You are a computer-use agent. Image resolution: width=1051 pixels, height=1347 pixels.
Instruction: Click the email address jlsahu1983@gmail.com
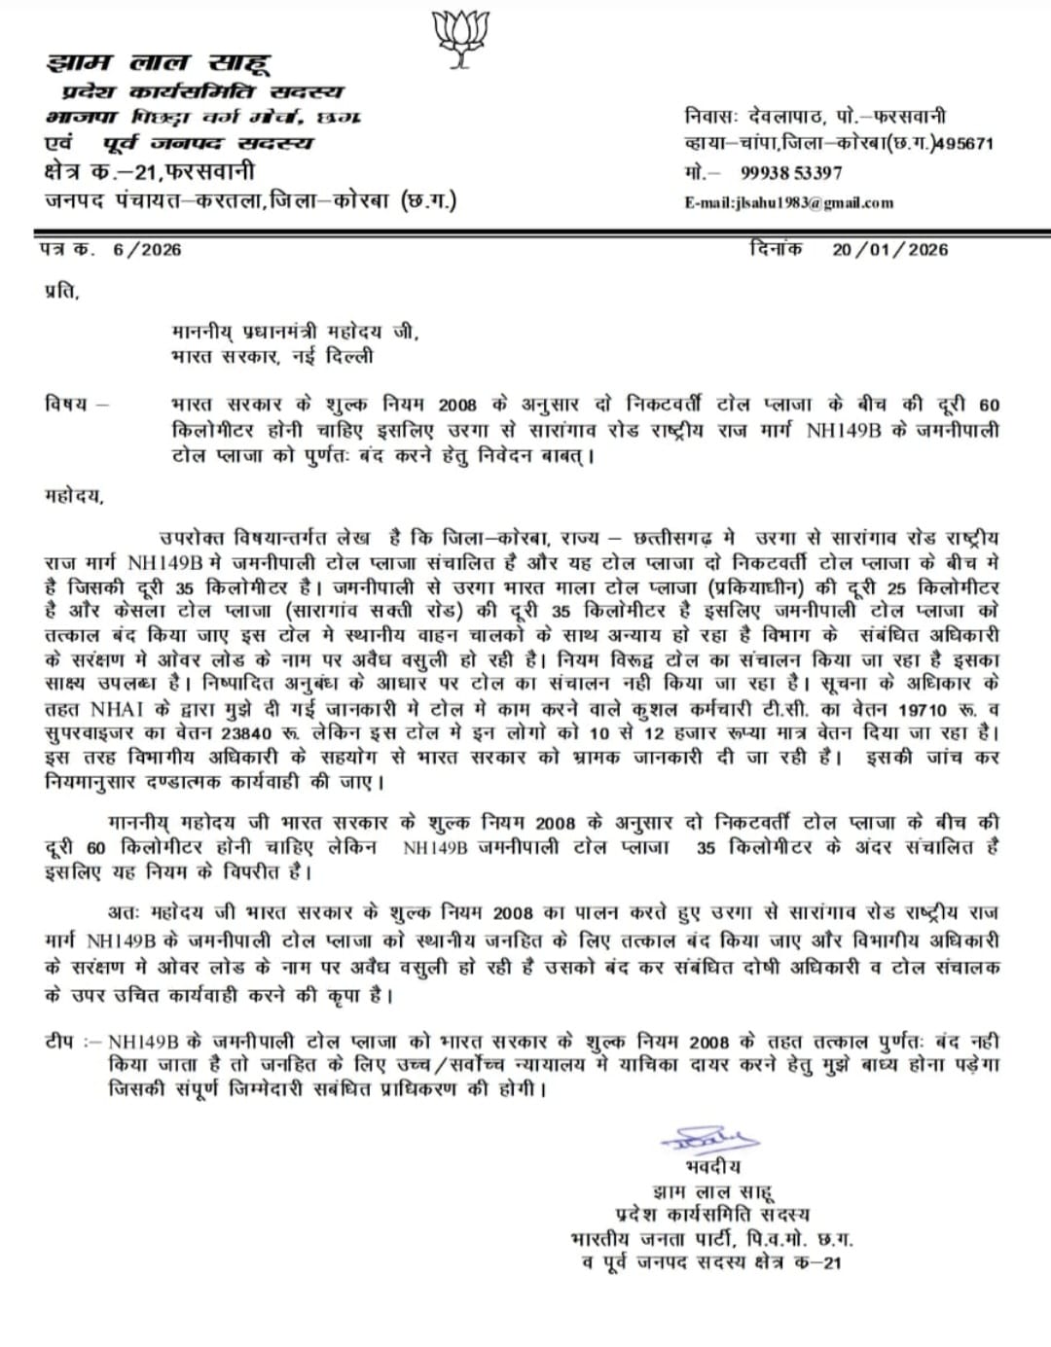[x=789, y=202]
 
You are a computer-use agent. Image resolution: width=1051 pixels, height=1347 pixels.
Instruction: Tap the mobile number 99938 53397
[x=791, y=173]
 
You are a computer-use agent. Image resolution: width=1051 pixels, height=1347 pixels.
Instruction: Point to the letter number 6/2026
[x=147, y=249]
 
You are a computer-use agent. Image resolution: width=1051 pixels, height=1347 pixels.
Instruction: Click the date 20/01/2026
[x=889, y=249]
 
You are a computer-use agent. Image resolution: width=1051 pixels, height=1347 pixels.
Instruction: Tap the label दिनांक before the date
[x=777, y=249]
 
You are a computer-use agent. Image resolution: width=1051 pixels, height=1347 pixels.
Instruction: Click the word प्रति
[x=60, y=290]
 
